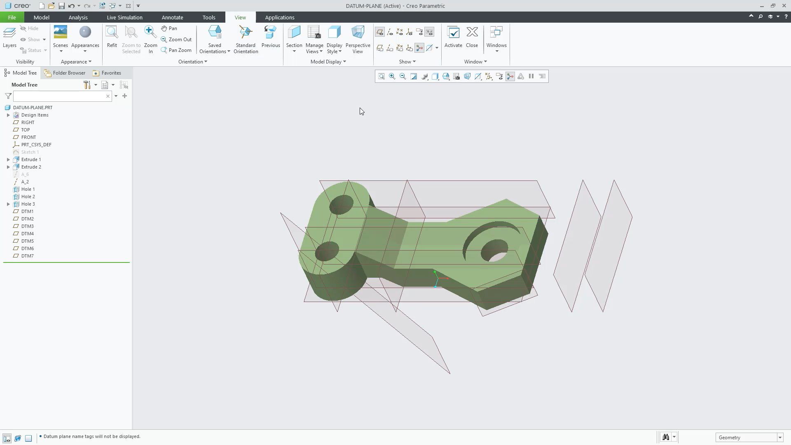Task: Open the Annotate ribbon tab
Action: pos(172,17)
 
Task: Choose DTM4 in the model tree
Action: pos(28,234)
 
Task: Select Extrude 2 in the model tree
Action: pos(31,167)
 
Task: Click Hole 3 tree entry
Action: pos(28,204)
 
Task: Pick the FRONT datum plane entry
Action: pos(28,137)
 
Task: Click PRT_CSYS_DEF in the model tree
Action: pos(36,145)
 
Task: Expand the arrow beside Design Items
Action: pos(8,115)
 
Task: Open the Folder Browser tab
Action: pos(65,73)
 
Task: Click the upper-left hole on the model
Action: pos(341,204)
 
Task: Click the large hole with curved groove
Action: pos(494,250)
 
